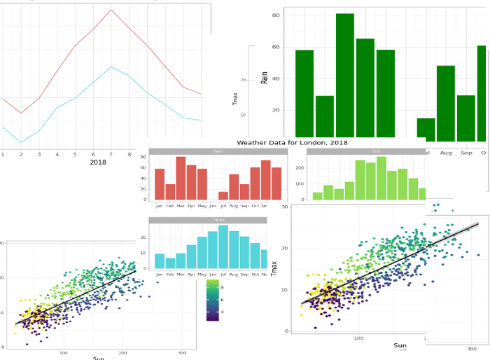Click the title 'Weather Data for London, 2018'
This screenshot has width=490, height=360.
292,142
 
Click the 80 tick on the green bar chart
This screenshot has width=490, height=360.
276,15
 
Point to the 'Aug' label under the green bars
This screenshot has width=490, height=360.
445,152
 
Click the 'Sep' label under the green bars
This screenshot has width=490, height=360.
466,152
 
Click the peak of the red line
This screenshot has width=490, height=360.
111,10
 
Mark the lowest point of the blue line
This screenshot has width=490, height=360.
21,143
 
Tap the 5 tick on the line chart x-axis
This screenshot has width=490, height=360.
75,154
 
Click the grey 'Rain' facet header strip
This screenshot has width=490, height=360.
218,151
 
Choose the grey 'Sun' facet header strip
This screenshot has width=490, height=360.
376,151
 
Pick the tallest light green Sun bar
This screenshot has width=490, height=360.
381,179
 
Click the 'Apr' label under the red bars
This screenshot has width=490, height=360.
191,206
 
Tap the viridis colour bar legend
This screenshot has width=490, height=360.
213,300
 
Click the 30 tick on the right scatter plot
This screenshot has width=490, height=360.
284,207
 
